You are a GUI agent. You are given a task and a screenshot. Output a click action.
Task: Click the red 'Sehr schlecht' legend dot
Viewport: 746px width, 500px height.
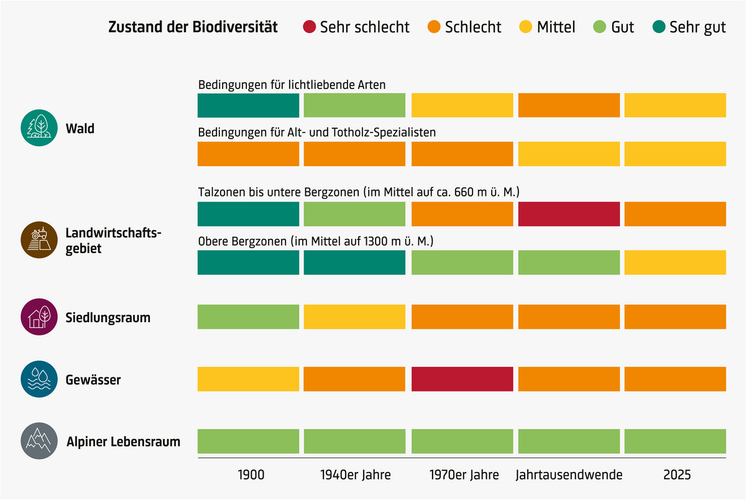coord(310,27)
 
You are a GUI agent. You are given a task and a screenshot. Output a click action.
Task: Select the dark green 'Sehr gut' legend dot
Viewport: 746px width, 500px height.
coord(658,27)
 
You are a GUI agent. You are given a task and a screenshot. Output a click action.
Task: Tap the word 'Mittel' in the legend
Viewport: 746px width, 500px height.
coord(556,27)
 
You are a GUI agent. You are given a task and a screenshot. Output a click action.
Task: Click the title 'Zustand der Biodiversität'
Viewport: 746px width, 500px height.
coord(193,27)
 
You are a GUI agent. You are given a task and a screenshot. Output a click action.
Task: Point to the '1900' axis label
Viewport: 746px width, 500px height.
coord(251,475)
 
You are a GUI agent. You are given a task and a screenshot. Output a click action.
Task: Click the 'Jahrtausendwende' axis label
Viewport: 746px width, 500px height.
coord(569,475)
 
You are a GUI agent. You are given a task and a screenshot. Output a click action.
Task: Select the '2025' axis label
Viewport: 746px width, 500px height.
coord(676,475)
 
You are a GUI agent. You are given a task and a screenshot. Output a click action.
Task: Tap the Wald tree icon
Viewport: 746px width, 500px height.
coord(39,129)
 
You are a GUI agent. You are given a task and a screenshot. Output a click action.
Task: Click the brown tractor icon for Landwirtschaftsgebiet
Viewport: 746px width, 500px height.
coord(39,241)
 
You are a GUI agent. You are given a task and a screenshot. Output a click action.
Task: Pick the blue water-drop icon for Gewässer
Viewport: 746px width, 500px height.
coord(39,379)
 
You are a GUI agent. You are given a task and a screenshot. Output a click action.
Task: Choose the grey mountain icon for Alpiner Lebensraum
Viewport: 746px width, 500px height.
coord(39,441)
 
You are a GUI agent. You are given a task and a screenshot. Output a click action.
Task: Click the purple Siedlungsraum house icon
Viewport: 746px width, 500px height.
coord(39,318)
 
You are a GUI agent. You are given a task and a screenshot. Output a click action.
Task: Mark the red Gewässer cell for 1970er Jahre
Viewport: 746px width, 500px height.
coord(463,379)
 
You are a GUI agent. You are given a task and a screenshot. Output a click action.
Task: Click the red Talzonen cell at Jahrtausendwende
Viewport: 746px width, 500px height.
coord(569,214)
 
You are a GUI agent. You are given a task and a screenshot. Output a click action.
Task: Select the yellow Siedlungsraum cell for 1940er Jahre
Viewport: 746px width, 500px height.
coord(354,317)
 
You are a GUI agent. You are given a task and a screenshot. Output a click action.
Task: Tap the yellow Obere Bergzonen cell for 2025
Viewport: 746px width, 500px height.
coord(675,262)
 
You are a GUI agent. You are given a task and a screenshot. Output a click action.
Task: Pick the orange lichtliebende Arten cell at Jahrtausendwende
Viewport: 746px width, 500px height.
coord(569,105)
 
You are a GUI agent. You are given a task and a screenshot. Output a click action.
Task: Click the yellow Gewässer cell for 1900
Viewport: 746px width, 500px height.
coord(249,379)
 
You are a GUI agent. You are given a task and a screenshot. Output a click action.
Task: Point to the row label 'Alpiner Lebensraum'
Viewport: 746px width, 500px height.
coord(123,442)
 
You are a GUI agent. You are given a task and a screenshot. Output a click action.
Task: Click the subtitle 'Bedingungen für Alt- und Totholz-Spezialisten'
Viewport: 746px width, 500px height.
coord(317,132)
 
